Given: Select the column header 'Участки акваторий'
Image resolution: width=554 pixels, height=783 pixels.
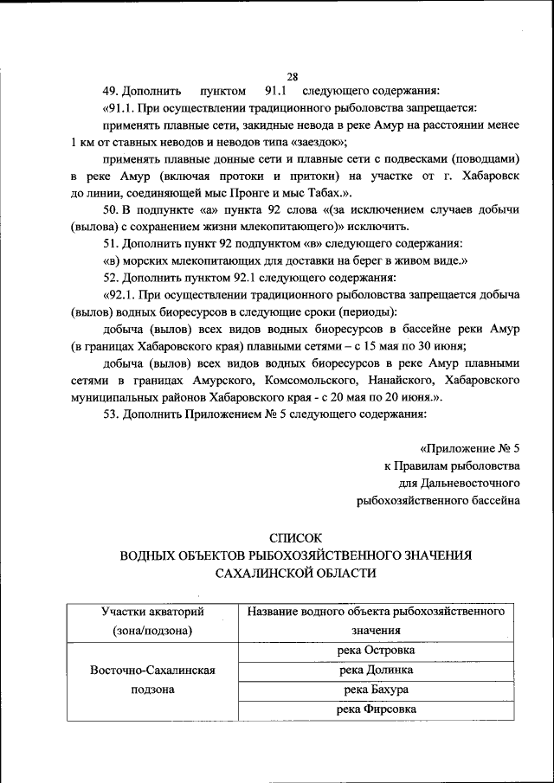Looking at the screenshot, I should pos(152,612).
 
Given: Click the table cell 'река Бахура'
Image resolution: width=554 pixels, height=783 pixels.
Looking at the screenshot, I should pos(377,690).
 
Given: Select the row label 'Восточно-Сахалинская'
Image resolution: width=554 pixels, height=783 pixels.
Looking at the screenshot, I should pos(152,671).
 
